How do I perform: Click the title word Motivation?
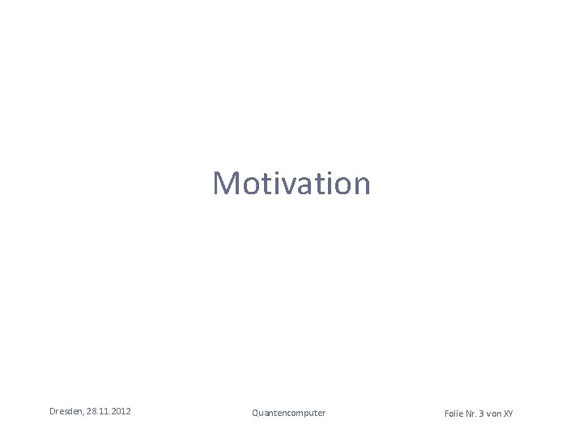291,184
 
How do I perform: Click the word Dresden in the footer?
66,412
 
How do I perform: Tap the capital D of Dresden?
53,412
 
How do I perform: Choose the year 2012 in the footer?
121,412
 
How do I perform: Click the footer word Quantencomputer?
288,413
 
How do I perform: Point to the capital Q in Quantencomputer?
256,413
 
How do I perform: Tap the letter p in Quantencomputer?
304,414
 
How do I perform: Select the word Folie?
454,414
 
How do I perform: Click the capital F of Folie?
447,414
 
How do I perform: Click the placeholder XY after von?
509,414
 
